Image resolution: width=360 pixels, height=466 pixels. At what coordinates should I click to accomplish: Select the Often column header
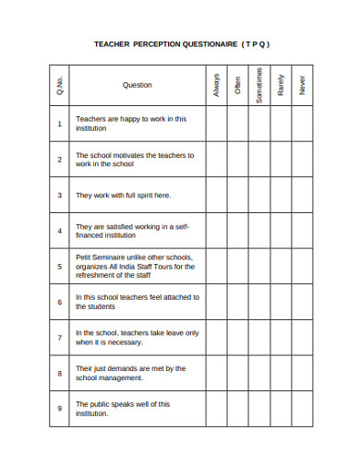[238, 85]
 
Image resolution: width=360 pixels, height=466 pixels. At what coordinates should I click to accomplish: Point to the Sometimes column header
[259, 85]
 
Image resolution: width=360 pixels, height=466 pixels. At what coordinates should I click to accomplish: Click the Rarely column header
[281, 85]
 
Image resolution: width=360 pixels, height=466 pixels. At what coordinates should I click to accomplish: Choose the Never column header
[302, 85]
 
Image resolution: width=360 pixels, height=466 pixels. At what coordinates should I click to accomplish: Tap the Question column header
[138, 85]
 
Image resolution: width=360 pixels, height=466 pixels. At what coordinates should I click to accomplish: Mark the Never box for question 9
[302, 409]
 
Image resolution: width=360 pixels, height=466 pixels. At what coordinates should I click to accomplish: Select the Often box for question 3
[238, 196]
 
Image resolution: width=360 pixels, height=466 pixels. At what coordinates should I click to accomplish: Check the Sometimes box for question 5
[259, 267]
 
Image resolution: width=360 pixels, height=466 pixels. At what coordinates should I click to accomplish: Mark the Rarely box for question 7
[281, 338]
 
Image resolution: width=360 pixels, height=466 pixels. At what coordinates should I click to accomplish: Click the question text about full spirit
[123, 196]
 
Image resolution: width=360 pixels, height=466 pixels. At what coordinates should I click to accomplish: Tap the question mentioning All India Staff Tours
[135, 267]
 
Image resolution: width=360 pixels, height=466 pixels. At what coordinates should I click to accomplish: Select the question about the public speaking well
[123, 409]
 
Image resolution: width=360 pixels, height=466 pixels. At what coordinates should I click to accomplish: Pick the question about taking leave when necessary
[137, 338]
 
